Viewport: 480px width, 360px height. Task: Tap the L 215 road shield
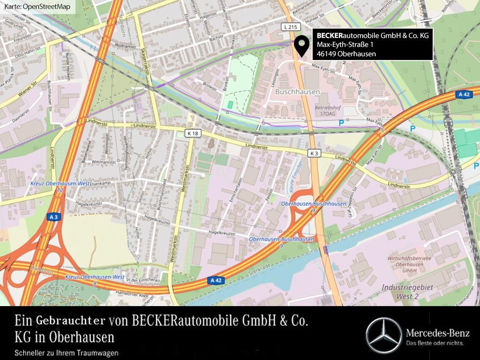click(291, 28)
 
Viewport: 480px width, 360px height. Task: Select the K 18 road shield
click(193, 134)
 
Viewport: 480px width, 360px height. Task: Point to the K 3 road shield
click(314, 153)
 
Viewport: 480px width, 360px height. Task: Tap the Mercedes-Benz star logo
click(383, 335)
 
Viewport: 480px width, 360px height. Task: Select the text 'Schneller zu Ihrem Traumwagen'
click(67, 353)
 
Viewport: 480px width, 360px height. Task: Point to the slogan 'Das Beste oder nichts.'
click(435, 344)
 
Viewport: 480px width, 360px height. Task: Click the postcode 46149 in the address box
click(326, 54)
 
